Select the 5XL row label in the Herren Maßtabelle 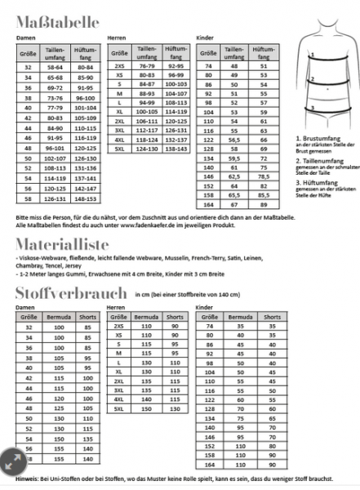tap(119, 149)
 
